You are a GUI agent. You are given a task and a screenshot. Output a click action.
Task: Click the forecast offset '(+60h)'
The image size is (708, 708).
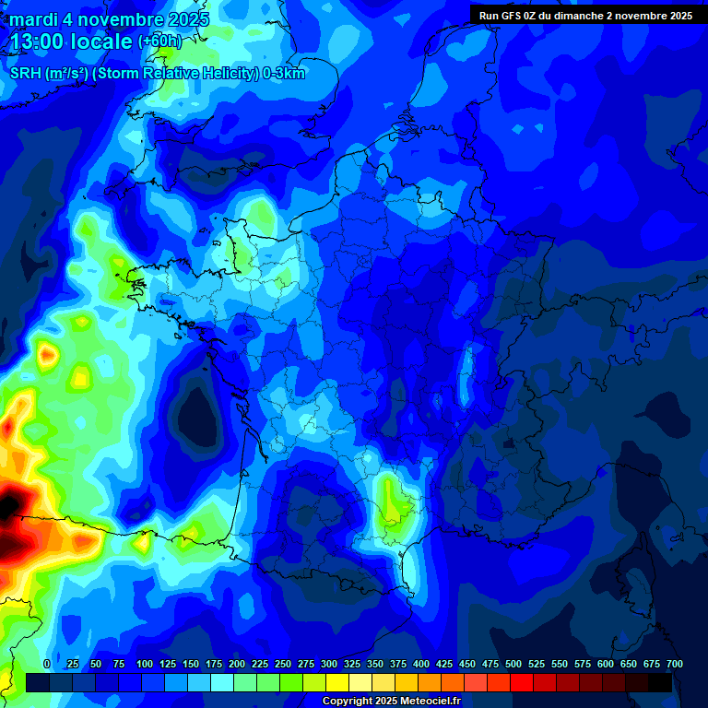coord(159,41)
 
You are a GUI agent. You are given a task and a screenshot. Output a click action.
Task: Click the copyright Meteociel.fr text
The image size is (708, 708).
coord(391,702)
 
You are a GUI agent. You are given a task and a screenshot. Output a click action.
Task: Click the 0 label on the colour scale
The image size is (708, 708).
coord(47,665)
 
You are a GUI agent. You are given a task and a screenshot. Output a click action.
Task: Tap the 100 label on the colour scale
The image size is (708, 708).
coord(145,665)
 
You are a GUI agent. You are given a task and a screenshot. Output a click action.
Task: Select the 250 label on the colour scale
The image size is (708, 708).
coord(283,665)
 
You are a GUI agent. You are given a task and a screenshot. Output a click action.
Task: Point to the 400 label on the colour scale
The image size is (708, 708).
coord(421,665)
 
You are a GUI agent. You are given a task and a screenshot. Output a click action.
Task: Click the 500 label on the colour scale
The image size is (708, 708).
coord(513,665)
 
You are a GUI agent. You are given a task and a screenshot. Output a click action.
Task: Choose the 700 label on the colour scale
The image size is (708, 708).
coord(674,665)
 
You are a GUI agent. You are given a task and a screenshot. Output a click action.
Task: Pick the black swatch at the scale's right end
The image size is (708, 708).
coord(660,682)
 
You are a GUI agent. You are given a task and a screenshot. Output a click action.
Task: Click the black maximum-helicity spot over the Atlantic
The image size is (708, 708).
coord(7,505)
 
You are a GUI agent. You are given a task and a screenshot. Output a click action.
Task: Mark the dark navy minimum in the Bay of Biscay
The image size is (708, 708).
coord(196,412)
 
